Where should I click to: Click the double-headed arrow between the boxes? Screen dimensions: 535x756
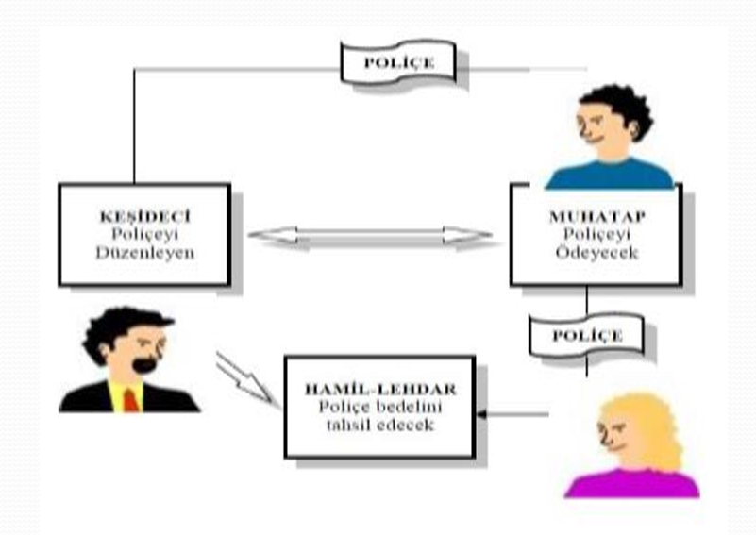(x=370, y=235)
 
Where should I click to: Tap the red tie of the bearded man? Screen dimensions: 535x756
(x=130, y=398)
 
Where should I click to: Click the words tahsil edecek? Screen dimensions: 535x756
(x=380, y=425)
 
